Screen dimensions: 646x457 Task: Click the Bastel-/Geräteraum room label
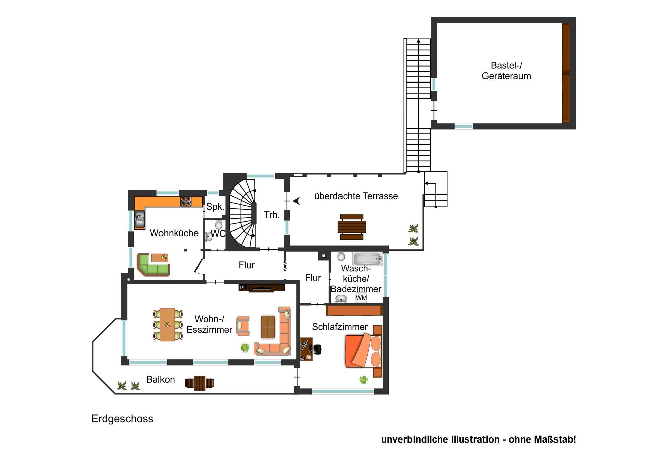pyautogui.click(x=506, y=70)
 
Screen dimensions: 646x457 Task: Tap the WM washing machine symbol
pyautogui.click(x=361, y=298)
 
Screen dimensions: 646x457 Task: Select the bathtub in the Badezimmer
pyautogui.click(x=367, y=259)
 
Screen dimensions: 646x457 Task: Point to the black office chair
pyautogui.click(x=317, y=349)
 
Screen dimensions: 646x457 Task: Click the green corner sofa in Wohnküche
pyautogui.click(x=153, y=265)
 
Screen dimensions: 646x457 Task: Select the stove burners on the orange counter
pyautogui.click(x=186, y=202)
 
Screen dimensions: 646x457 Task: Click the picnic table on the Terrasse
pyautogui.click(x=352, y=227)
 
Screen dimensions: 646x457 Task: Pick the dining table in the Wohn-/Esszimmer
pyautogui.click(x=168, y=325)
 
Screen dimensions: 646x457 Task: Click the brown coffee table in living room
pyautogui.click(x=268, y=327)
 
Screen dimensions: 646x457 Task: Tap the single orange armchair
pyautogui.click(x=243, y=326)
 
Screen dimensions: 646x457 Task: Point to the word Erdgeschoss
pyautogui.click(x=122, y=419)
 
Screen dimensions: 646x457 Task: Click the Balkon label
pyautogui.click(x=160, y=379)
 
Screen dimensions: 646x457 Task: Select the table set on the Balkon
pyautogui.click(x=200, y=383)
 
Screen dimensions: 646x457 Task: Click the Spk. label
pyautogui.click(x=215, y=206)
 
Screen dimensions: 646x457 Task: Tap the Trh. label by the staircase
pyautogui.click(x=272, y=215)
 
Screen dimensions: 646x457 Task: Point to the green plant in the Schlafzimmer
pyautogui.click(x=363, y=380)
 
